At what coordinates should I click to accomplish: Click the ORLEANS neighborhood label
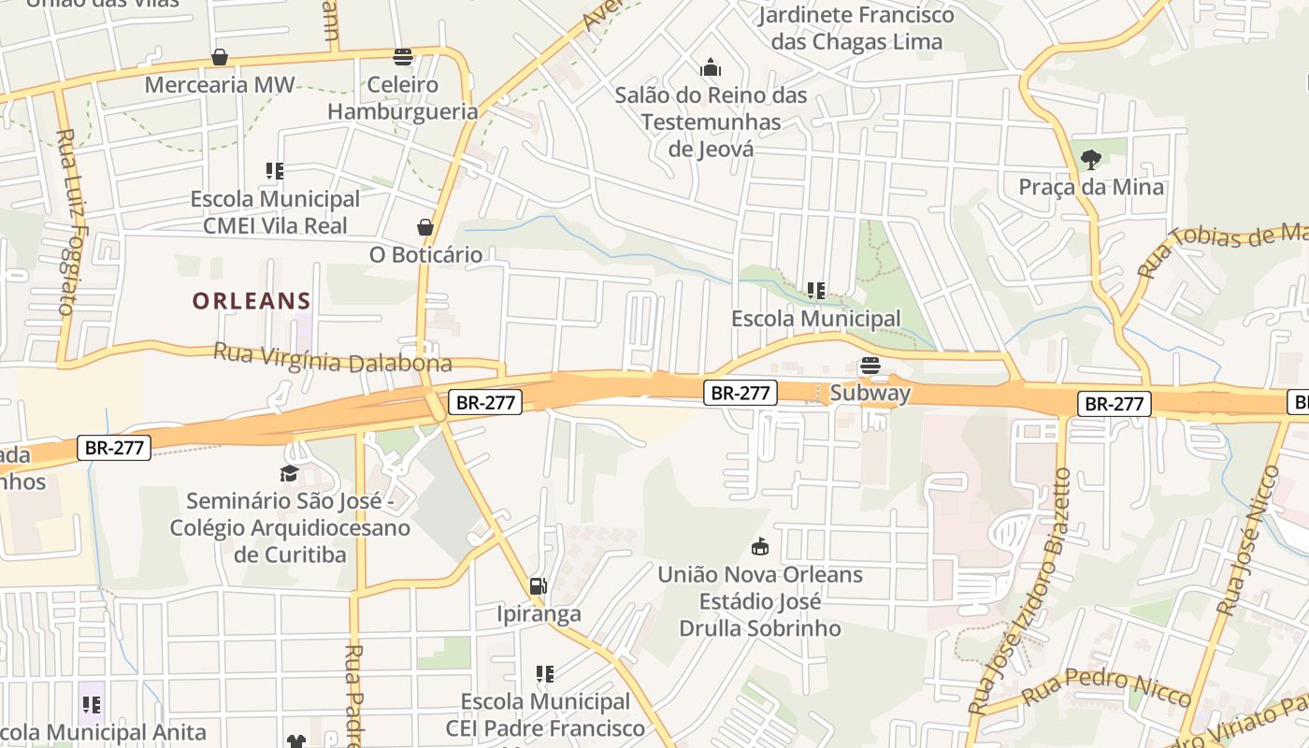(252, 301)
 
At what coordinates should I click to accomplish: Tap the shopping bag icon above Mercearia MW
(220, 58)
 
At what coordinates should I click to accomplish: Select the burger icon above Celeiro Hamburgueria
(403, 58)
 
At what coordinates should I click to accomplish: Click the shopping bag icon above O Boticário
(425, 227)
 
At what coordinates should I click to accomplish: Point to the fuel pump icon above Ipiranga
(538, 586)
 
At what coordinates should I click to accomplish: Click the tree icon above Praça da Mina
(1090, 160)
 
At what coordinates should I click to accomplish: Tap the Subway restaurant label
(870, 393)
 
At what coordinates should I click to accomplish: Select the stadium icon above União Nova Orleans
(760, 547)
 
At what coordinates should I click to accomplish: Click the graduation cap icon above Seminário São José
(290, 474)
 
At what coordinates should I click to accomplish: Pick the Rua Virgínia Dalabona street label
(333, 359)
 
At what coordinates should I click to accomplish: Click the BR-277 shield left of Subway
(740, 393)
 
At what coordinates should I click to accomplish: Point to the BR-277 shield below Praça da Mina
(1114, 404)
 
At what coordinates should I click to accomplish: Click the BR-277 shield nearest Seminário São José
(114, 448)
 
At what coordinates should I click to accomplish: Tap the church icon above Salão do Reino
(711, 68)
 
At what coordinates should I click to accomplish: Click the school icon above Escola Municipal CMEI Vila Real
(274, 171)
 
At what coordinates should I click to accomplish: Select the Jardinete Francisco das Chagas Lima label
(856, 28)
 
